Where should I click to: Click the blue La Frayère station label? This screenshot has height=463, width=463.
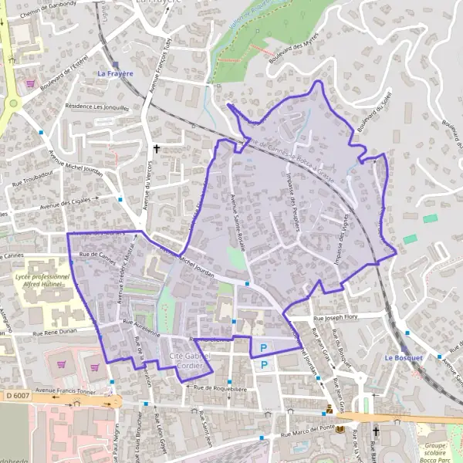pyautogui.click(x=115, y=74)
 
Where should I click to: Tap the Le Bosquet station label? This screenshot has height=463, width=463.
pyautogui.click(x=404, y=358)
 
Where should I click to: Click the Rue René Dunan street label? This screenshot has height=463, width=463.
pyautogui.click(x=59, y=333)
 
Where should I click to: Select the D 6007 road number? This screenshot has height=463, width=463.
pyautogui.click(x=18, y=395)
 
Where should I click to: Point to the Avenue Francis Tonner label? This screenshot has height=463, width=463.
pyautogui.click(x=75, y=391)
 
